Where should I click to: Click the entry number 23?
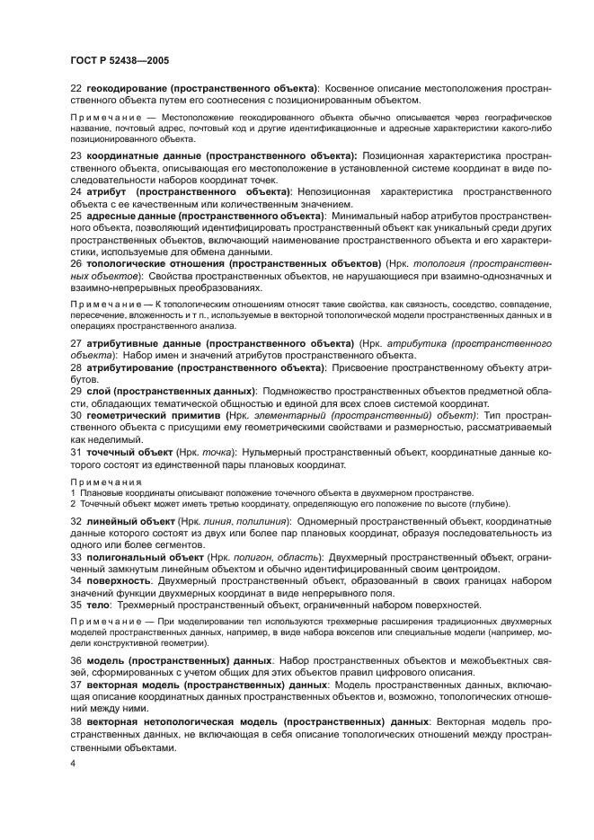tap(75, 155)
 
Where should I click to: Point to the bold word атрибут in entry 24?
tap(109, 192)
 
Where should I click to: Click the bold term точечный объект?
tap(127, 453)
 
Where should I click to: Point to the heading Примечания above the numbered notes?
tap(101, 482)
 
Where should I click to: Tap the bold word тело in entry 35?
tap(98, 605)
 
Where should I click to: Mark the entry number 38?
tap(75, 721)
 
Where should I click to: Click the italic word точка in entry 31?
tap(219, 453)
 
